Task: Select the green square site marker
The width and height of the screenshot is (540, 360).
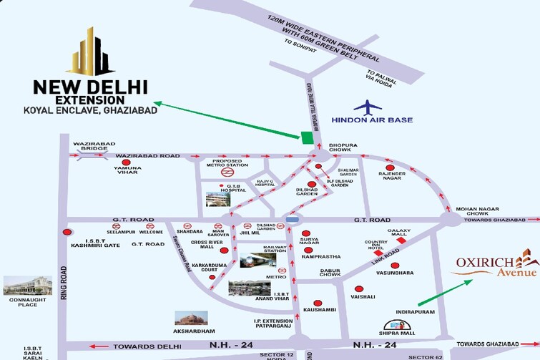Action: coord(307,137)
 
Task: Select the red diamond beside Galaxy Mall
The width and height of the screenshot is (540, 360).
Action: coord(401,240)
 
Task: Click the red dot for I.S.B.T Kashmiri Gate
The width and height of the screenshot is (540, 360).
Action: coord(68,232)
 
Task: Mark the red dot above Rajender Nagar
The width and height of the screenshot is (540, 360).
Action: coord(392,164)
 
